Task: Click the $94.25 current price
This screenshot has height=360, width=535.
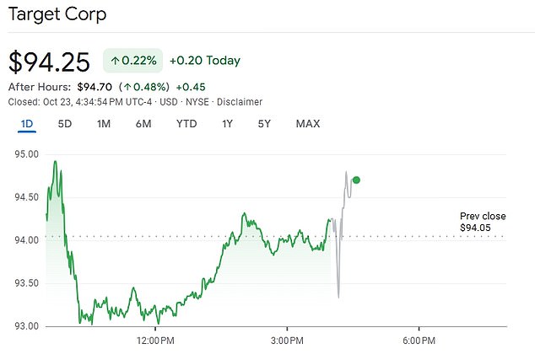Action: pos(50,62)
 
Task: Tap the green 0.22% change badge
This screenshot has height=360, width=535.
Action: pos(132,61)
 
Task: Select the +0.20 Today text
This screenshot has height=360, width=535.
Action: pos(205,61)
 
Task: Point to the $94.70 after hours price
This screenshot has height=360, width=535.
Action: pos(95,86)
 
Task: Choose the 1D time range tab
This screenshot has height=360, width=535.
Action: pos(27,124)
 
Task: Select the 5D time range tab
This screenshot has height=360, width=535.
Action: pos(65,124)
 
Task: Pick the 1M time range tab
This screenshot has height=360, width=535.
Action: pos(103,124)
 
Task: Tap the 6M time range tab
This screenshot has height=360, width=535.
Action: pos(143,124)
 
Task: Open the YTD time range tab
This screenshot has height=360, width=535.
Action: pos(186,124)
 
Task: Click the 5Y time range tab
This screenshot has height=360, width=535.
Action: pos(264,124)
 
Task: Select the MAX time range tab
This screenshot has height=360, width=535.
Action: pos(308,124)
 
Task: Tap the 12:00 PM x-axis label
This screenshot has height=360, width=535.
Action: pos(155,341)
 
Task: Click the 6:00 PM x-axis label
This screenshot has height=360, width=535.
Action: pos(419,341)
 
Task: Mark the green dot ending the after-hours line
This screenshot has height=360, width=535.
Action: pos(356,180)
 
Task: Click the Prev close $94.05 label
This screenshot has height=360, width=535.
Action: pos(483,222)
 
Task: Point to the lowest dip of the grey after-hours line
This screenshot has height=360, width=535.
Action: pos(338,297)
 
